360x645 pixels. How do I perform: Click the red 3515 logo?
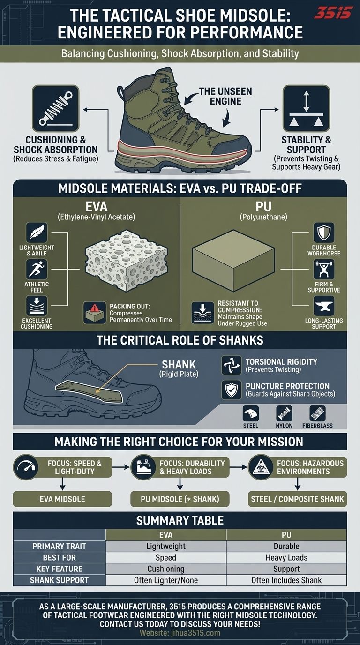[x=333, y=13]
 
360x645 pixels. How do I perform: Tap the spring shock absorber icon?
[x=56, y=108]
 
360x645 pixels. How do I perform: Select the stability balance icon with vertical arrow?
[x=306, y=108]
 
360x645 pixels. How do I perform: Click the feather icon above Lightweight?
[x=37, y=232]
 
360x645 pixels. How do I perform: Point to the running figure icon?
[x=37, y=269]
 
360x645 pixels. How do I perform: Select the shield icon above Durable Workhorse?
[x=324, y=232]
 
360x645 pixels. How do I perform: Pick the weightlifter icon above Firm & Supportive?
[x=324, y=269]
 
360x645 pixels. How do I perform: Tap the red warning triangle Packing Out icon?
[x=95, y=313]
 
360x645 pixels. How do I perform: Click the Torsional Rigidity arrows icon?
[x=231, y=365]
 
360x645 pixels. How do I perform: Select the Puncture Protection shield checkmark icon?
[x=231, y=390]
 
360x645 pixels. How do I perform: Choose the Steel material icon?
[x=251, y=413]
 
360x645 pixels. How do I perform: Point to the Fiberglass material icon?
[x=318, y=413]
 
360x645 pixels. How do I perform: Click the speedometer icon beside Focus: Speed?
[x=26, y=467]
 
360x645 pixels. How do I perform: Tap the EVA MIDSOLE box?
[x=62, y=499]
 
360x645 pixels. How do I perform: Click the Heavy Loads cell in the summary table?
[x=286, y=557]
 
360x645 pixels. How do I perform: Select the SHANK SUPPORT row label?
[x=60, y=580]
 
